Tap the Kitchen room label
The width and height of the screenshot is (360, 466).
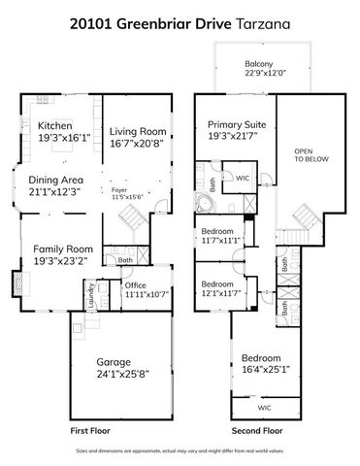[54, 126]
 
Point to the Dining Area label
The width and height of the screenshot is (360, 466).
[55, 180]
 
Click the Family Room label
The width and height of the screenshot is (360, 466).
[55, 249]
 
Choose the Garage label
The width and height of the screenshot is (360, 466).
[114, 361]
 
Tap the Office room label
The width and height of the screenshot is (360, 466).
[135, 285]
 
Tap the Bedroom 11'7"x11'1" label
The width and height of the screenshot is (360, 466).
[217, 231]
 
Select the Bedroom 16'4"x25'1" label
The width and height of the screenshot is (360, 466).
[261, 356]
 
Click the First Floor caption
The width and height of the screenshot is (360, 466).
[91, 429]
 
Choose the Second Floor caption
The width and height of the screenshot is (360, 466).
[258, 429]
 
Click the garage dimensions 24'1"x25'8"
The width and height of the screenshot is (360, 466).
[114, 373]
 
